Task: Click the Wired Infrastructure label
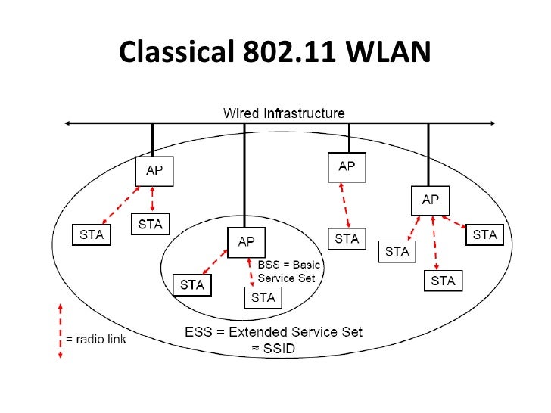click(284, 113)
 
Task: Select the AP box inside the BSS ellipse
click(247, 242)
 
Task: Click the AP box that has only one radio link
click(347, 166)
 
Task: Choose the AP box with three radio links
click(430, 200)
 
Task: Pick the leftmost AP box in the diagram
click(154, 171)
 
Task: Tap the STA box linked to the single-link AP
click(347, 239)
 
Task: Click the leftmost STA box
click(91, 234)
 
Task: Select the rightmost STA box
click(484, 234)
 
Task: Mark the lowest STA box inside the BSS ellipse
click(263, 297)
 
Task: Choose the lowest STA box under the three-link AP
click(443, 281)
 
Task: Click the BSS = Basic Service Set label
click(289, 272)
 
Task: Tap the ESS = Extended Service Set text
click(273, 331)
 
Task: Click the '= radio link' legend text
click(96, 339)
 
